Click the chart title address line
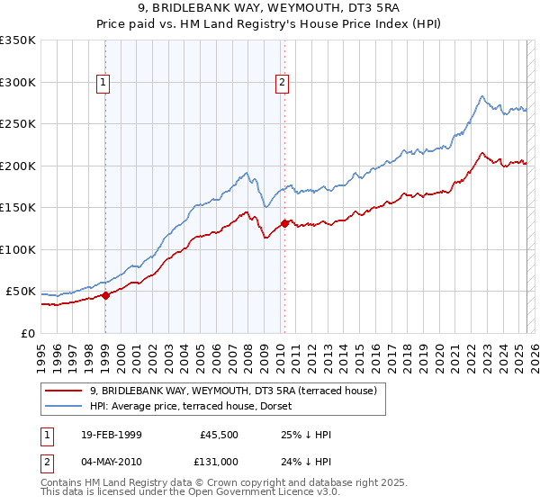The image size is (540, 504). point(270,10)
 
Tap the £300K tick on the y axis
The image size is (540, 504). point(17,82)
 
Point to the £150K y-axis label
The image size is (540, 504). point(17,208)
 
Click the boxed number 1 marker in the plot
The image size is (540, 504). point(104,83)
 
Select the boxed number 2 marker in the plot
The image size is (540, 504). point(283,83)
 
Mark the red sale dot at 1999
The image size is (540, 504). point(105,294)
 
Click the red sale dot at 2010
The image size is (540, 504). point(284,223)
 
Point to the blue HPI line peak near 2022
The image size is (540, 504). point(482,96)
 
